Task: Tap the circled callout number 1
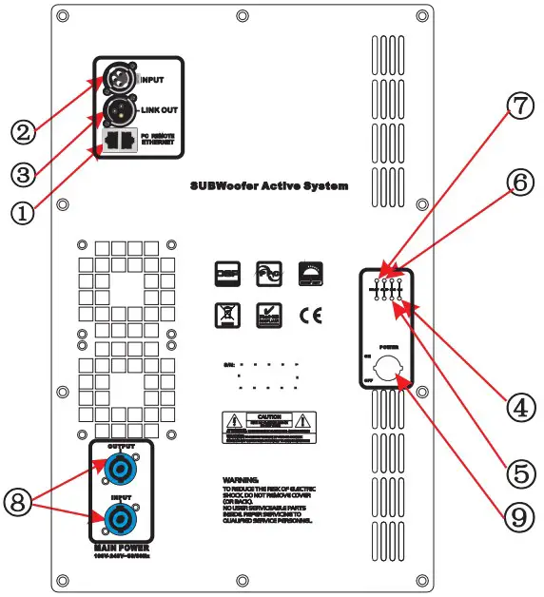(x=23, y=213)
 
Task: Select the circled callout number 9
(x=515, y=515)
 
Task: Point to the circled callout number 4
(x=515, y=409)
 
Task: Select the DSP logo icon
(x=226, y=273)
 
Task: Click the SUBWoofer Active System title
(x=269, y=186)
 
